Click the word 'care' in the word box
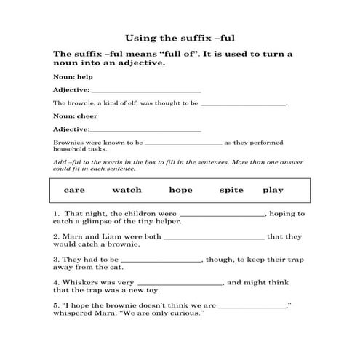pyautogui.click(x=75, y=190)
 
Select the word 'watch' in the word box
pyautogui.click(x=127, y=190)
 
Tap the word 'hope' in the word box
pyautogui.click(x=180, y=190)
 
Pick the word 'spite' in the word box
pyautogui.click(x=231, y=190)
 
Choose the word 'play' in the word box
pyautogui.click(x=273, y=190)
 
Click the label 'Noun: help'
pyautogui.click(x=68, y=76)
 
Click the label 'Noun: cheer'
pyautogui.click(x=70, y=116)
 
